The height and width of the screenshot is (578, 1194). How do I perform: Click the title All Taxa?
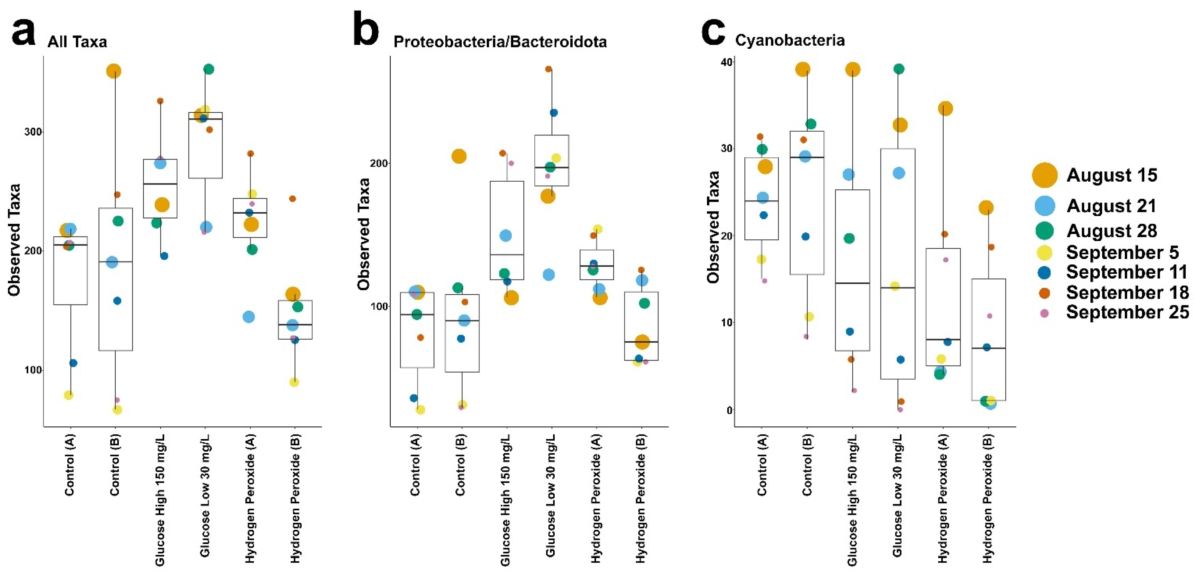click(x=77, y=42)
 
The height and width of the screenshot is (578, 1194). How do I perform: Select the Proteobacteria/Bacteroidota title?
click(x=500, y=42)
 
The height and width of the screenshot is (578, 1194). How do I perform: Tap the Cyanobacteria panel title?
click(x=789, y=40)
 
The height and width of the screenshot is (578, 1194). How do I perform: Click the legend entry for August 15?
click(x=1112, y=175)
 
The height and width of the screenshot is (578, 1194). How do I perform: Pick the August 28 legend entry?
click(x=1112, y=230)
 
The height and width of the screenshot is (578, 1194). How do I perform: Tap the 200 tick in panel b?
click(x=380, y=163)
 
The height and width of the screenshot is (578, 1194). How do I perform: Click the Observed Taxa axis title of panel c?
click(x=713, y=227)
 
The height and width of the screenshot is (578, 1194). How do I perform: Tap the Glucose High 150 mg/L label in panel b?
click(x=505, y=500)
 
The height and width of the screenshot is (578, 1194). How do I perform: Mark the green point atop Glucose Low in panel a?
click(x=209, y=69)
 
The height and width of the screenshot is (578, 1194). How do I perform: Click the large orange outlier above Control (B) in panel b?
click(x=459, y=156)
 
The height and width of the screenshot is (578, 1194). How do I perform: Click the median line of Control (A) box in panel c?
click(x=761, y=201)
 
